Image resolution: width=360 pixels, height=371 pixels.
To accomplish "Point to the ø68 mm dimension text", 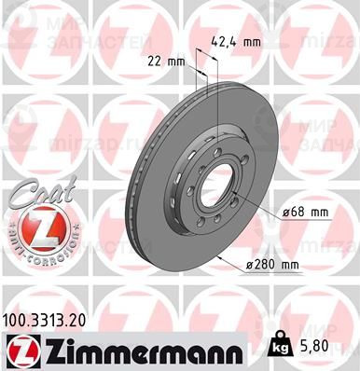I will pyautogui.click(x=306, y=214).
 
